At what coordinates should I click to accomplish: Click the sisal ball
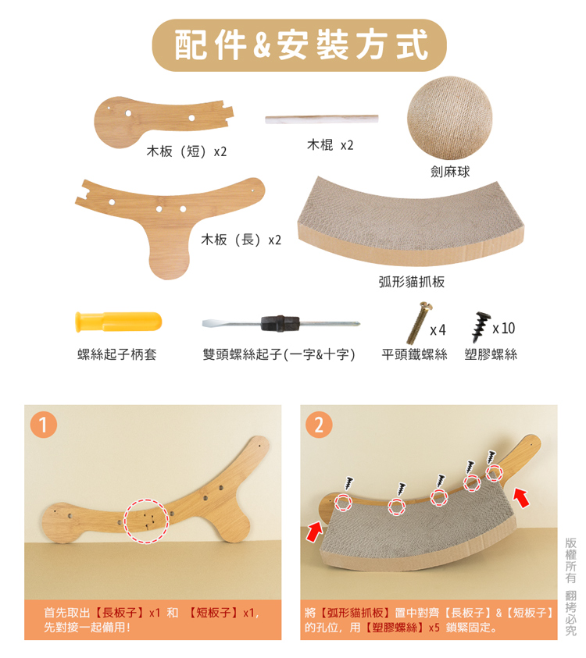[449, 118]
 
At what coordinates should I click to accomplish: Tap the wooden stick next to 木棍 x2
[322, 119]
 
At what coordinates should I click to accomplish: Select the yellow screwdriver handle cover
[119, 322]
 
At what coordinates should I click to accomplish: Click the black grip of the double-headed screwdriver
[280, 324]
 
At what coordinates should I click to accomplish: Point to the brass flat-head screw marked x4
[420, 322]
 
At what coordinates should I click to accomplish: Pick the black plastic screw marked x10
[481, 326]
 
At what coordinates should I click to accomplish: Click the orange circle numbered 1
[43, 425]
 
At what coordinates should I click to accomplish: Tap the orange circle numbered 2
[319, 425]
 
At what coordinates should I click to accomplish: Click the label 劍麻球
[450, 172]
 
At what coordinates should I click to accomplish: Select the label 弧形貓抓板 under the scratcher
[411, 282]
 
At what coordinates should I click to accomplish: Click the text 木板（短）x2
[187, 151]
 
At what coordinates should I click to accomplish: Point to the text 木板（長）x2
[241, 240]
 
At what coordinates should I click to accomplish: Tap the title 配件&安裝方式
[301, 45]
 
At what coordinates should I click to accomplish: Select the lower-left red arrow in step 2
[315, 531]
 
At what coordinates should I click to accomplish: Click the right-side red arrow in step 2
[522, 498]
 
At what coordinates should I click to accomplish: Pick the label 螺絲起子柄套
[116, 354]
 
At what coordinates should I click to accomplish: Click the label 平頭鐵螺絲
[414, 354]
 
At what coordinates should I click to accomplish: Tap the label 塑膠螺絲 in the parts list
[491, 354]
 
